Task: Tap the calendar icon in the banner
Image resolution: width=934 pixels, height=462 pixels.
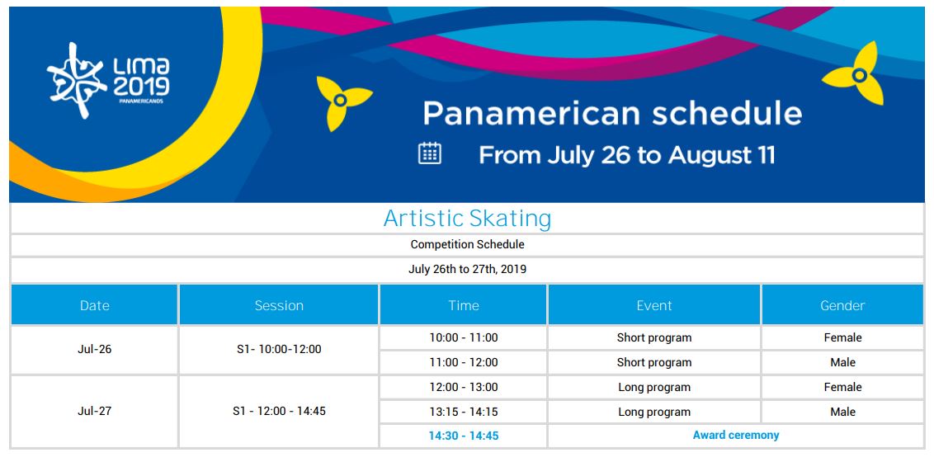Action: coord(430,153)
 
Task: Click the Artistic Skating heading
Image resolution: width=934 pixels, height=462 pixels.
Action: coord(467,219)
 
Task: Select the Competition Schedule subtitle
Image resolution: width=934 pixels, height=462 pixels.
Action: coord(467,245)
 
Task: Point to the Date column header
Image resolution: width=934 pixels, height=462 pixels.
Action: coord(95,305)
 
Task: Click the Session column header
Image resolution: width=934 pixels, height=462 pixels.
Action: coord(279,305)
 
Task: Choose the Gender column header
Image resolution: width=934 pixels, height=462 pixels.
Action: coord(842,305)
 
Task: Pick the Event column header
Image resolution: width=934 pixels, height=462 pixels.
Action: coord(654,305)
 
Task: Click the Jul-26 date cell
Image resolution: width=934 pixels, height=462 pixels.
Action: coord(95,350)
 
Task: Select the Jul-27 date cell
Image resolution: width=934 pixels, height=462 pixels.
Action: coord(95,412)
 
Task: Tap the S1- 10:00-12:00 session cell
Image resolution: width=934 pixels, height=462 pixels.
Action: coord(279,350)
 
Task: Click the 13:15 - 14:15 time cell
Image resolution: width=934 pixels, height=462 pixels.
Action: coord(464,412)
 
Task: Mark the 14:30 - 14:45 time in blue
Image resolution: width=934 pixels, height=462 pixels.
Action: coord(464,436)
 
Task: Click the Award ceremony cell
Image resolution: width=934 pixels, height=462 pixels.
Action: coord(736,436)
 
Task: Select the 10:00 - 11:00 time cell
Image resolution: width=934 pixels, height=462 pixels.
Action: coord(464,337)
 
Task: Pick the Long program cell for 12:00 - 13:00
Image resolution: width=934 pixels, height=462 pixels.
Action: coord(654,387)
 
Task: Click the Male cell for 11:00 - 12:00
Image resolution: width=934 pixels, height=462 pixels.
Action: coord(842,362)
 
